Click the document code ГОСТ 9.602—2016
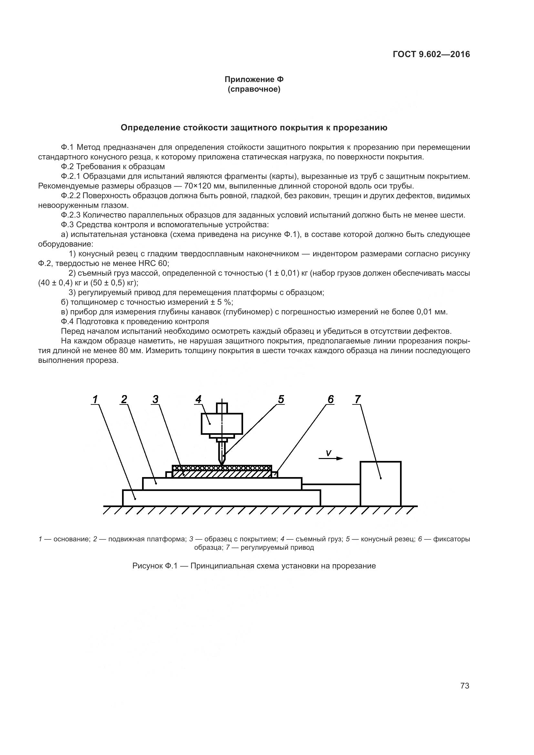point(431,54)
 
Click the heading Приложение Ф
point(254,79)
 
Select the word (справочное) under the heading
point(254,89)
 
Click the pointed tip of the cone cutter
point(222,464)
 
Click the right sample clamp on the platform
point(275,474)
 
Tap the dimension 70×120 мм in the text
point(203,186)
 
